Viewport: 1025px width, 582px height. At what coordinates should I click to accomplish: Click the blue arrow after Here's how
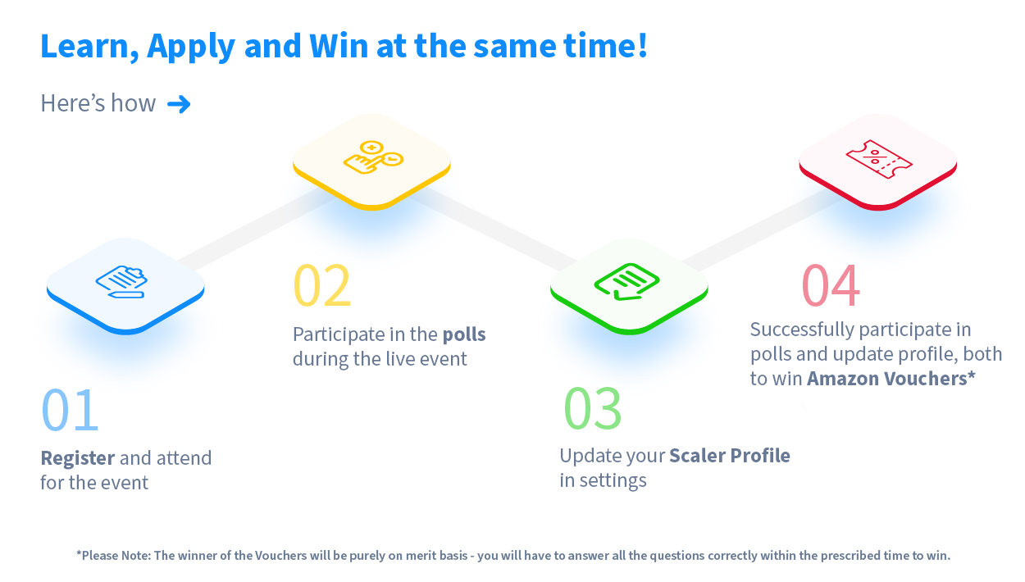[x=179, y=104]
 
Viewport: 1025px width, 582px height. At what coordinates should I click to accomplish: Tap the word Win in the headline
[x=339, y=46]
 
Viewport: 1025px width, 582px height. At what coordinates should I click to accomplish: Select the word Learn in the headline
[x=89, y=47]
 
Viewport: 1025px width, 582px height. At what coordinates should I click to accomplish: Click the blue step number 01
[x=70, y=410]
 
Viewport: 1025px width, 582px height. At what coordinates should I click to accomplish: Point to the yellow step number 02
[x=322, y=285]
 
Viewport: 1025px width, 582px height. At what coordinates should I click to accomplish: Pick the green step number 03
[x=593, y=408]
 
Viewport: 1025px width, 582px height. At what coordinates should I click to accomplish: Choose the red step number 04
[x=831, y=285]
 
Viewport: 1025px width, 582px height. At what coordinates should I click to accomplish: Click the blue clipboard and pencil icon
[x=121, y=281]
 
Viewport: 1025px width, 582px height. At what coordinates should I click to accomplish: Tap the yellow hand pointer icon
[x=373, y=157]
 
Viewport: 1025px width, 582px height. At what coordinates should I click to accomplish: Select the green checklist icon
[x=627, y=281]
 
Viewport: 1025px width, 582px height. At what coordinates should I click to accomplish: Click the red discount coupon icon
[x=879, y=159]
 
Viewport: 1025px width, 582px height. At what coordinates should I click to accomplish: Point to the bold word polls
[x=464, y=334]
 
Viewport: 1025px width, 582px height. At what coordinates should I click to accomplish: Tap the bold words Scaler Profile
[x=730, y=456]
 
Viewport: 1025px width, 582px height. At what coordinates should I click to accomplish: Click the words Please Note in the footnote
[x=113, y=556]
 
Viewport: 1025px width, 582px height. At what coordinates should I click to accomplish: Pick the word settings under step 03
[x=613, y=481]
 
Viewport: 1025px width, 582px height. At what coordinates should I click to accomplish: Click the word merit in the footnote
[x=417, y=556]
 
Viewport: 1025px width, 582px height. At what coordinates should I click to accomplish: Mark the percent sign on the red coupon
[x=874, y=156]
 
